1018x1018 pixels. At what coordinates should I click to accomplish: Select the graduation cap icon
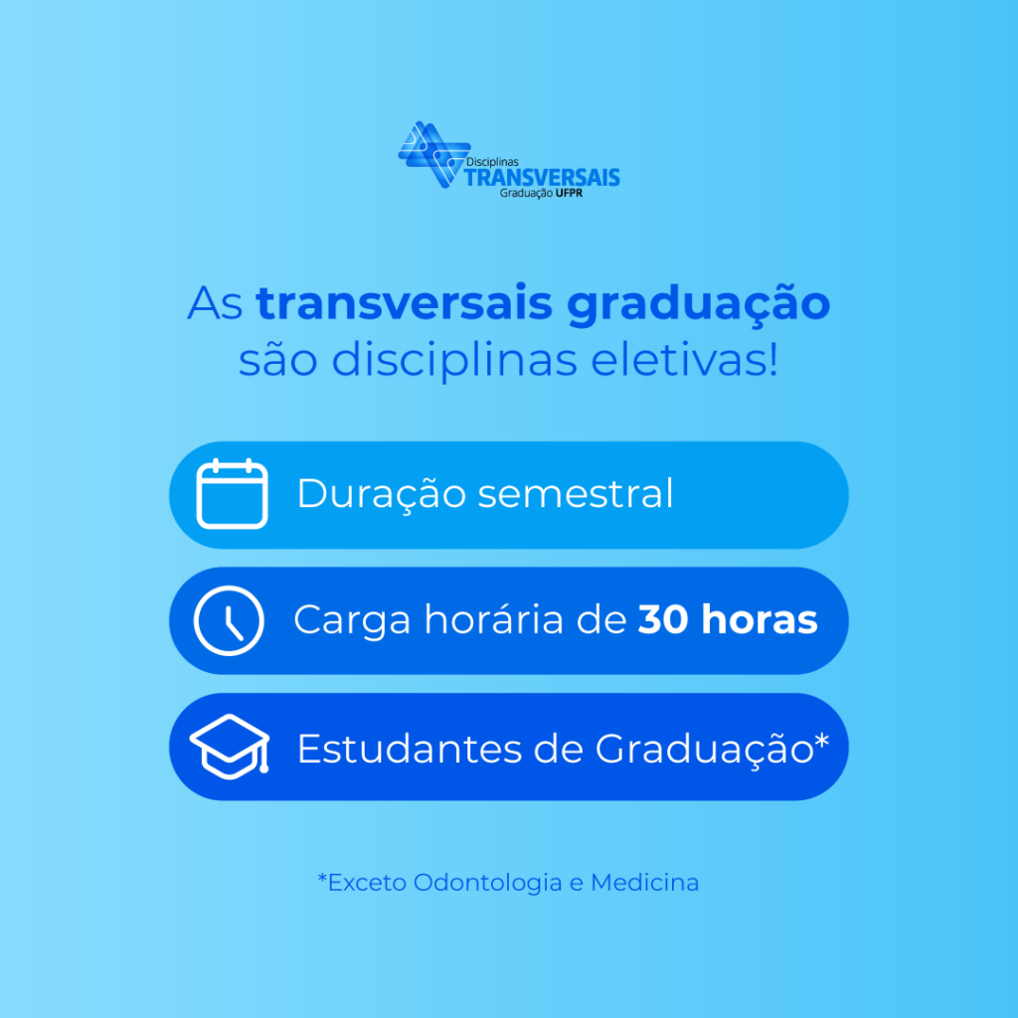230,746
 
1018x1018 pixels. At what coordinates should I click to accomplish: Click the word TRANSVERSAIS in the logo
542,177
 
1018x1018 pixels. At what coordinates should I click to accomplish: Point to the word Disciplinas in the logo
492,162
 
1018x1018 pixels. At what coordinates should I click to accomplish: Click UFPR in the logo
569,193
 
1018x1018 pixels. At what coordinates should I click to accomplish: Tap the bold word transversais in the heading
404,303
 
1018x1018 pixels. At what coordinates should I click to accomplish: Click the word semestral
576,493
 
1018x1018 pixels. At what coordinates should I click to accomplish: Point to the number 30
663,619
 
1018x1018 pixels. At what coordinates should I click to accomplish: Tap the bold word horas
760,618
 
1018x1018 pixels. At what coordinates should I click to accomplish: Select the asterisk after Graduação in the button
822,740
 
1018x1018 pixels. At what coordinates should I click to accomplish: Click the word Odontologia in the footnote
487,883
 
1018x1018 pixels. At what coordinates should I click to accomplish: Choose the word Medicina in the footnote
644,883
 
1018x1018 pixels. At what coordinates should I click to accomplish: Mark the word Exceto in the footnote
368,883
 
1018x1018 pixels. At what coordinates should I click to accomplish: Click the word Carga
352,621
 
